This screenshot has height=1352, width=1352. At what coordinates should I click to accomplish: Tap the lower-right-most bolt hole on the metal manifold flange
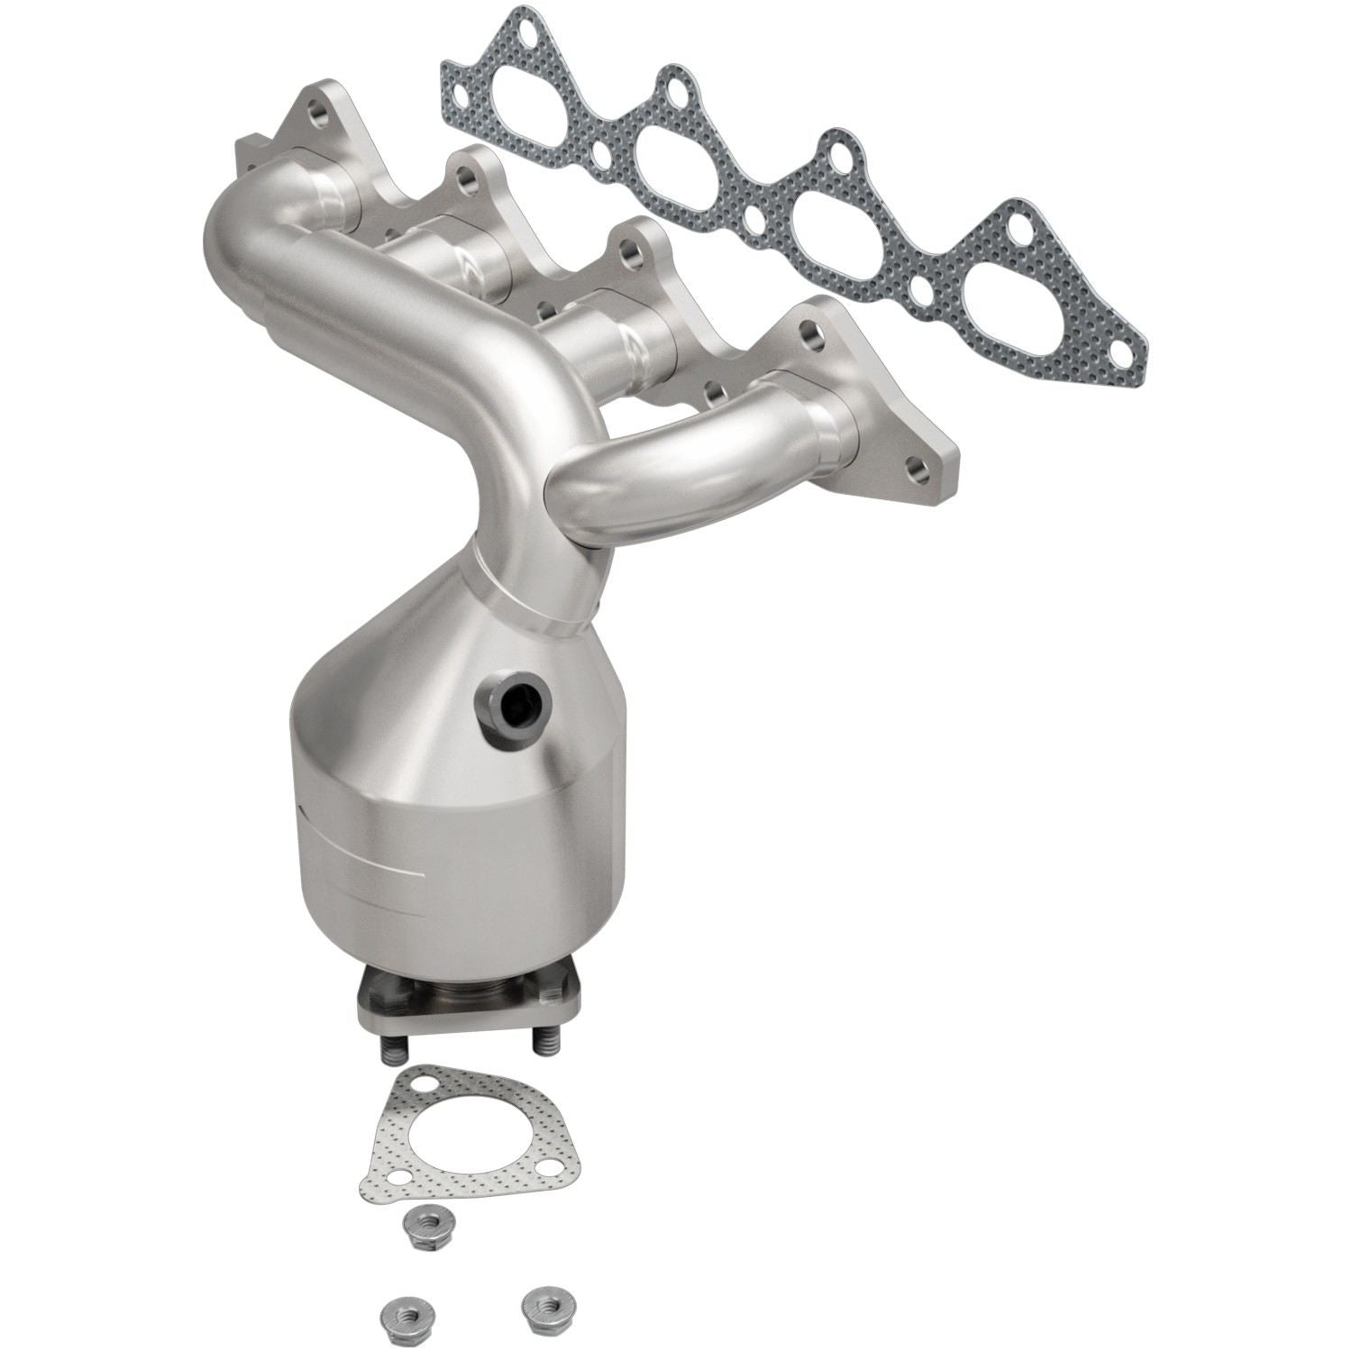click(x=917, y=470)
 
